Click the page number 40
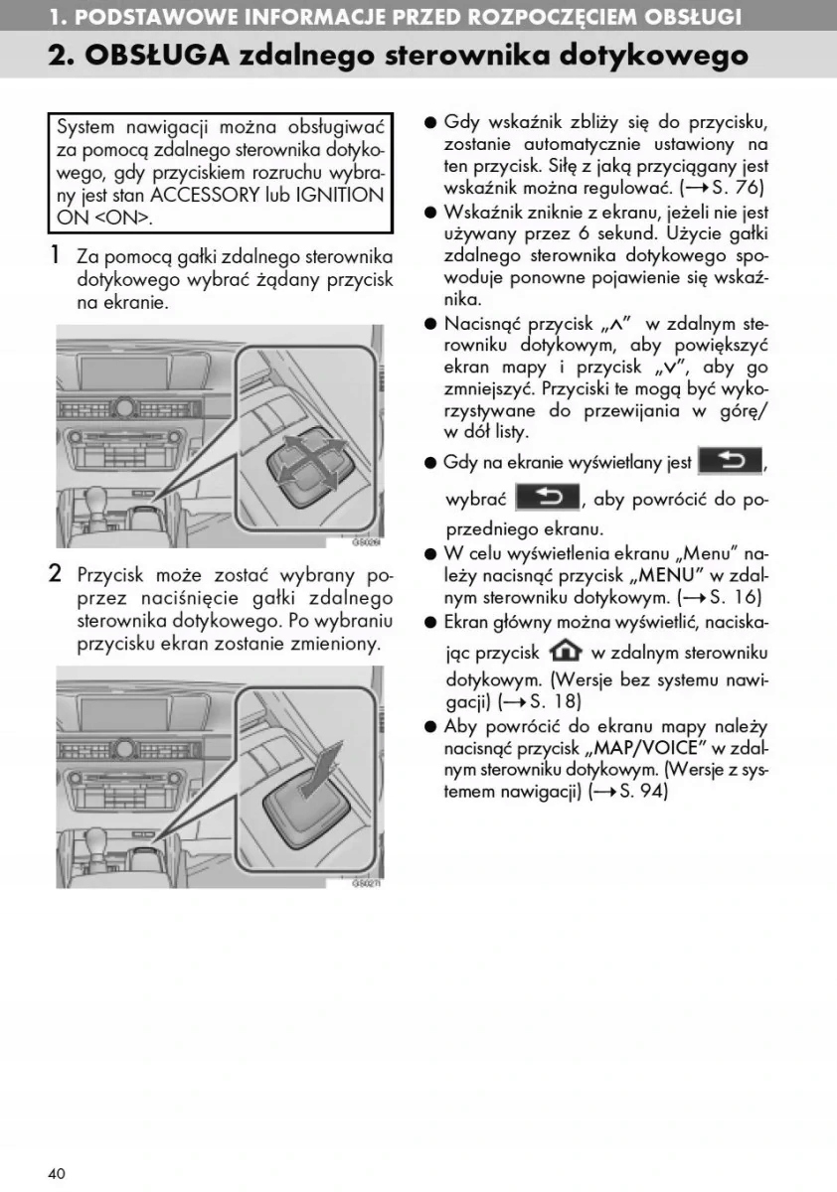tap(57, 1173)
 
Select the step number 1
tap(58, 255)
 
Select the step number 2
tap(58, 574)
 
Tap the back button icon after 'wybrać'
tap(545, 497)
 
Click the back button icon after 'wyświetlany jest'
tap(731, 461)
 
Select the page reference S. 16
tap(738, 598)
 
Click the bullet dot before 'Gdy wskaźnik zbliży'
tap(431, 123)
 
